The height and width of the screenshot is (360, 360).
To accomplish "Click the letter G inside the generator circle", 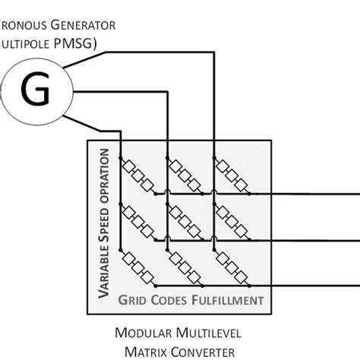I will coord(36,91).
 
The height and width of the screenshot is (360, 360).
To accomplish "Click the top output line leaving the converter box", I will coord(311,194).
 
